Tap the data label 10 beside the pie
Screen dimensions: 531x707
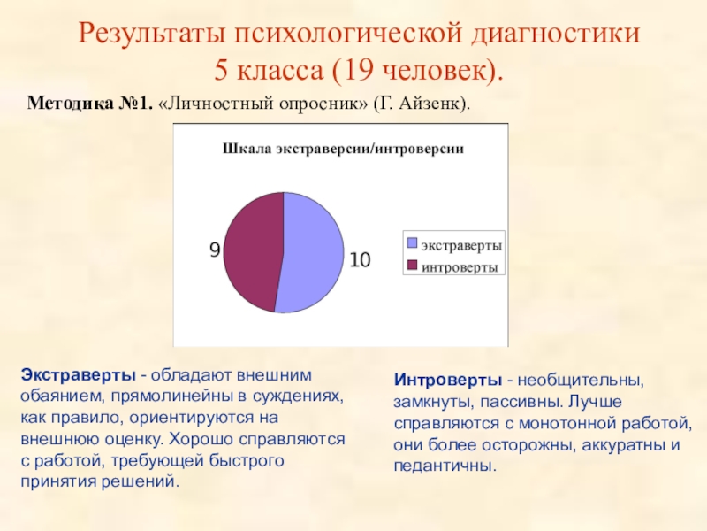coord(360,260)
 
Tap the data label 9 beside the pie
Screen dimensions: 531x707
coord(214,251)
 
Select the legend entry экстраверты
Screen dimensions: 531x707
coord(461,243)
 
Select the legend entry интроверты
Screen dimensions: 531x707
coord(459,266)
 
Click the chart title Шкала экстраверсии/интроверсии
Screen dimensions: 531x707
coord(343,149)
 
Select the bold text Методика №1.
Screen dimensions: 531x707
coord(89,104)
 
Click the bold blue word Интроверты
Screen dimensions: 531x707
coord(447,381)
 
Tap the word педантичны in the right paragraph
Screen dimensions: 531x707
coord(445,466)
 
